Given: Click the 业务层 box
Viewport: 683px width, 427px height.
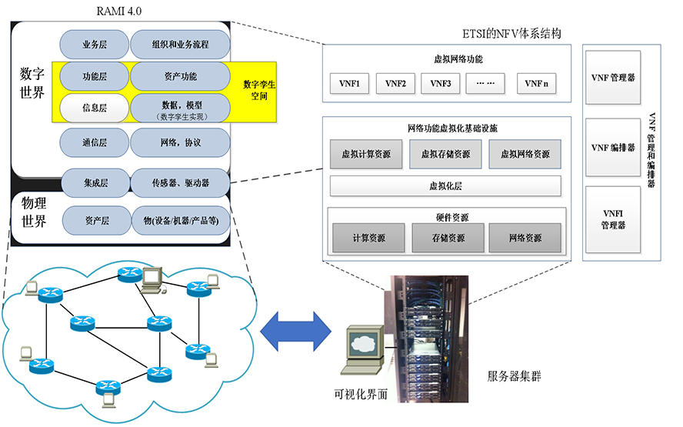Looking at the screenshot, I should click(95, 45).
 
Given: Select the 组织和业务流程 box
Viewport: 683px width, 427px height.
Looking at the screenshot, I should click(180, 45).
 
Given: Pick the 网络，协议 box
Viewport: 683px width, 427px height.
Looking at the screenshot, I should click(180, 143).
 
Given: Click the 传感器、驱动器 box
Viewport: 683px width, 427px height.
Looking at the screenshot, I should click(180, 183).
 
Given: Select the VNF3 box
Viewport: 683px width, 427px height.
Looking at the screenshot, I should click(440, 83).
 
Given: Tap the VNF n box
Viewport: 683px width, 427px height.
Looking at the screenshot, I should click(537, 83).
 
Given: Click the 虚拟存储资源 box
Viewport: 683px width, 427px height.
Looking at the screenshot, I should click(445, 154).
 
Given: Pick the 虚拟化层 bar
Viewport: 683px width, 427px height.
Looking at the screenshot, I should click(445, 186).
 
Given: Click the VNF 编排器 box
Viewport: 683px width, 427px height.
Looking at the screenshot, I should click(612, 147).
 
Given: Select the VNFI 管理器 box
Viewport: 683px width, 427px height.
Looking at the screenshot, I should click(612, 219).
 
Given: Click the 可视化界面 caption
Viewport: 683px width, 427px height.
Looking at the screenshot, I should click(359, 394).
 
